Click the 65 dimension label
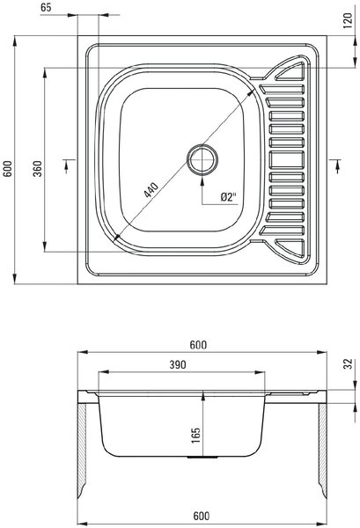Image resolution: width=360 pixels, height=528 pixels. pyautogui.click(x=46, y=7)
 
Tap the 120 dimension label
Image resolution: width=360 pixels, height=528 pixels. pyautogui.click(x=348, y=20)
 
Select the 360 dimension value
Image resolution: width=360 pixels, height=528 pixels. pyautogui.click(x=37, y=169)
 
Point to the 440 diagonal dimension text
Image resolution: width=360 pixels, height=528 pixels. pyautogui.click(x=151, y=189)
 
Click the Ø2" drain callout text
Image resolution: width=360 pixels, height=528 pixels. pyautogui.click(x=229, y=196)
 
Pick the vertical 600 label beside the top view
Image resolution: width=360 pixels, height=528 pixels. pyautogui.click(x=7, y=168)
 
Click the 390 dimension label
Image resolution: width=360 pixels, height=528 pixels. pyautogui.click(x=178, y=364)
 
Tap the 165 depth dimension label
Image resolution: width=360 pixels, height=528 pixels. pyautogui.click(x=195, y=436)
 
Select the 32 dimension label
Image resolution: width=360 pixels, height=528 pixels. pyautogui.click(x=349, y=364)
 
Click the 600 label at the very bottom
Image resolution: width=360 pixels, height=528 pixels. pyautogui.click(x=202, y=516)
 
